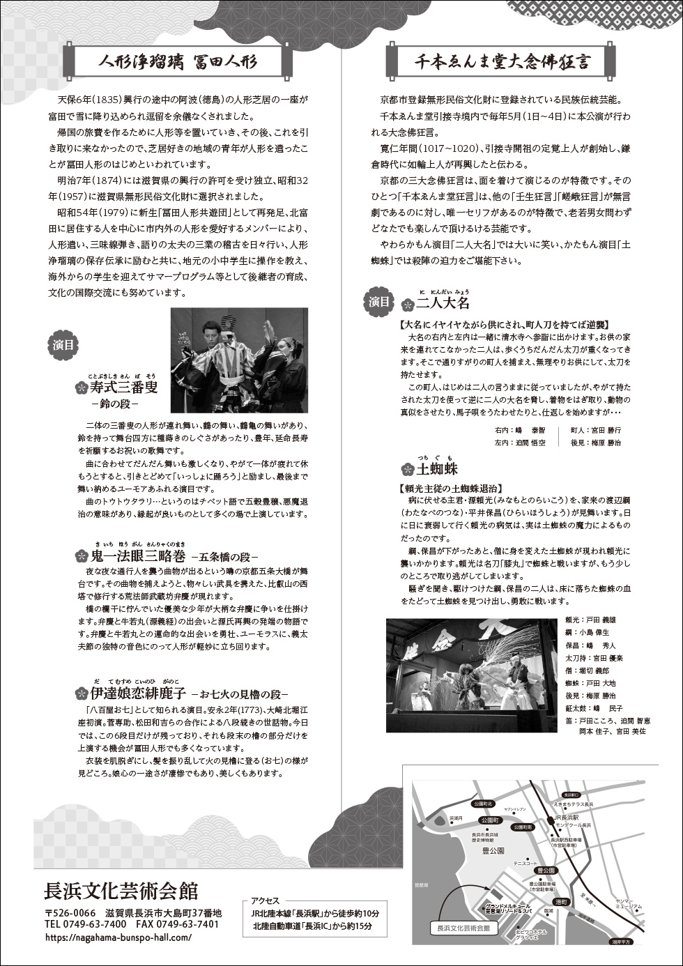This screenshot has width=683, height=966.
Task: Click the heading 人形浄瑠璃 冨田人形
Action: [178, 62]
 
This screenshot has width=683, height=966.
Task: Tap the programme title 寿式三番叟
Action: [123, 388]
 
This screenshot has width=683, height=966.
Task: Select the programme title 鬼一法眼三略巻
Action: [139, 556]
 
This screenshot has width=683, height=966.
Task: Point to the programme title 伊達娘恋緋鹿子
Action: [138, 693]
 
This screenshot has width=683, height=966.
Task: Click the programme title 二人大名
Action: [443, 303]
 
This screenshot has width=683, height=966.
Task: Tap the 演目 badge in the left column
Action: [64, 344]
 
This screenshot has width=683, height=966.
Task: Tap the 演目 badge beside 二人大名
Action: [379, 301]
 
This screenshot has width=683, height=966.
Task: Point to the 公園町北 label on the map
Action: [482, 804]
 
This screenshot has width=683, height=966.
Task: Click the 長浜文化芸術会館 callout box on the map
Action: [463, 928]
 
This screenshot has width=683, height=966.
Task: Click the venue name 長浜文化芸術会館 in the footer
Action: [121, 891]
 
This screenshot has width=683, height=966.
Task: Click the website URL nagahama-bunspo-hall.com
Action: [118, 937]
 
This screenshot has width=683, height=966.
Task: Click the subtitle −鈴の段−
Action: [115, 404]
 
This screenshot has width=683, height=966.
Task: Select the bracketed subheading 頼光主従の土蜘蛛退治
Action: [451, 488]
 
